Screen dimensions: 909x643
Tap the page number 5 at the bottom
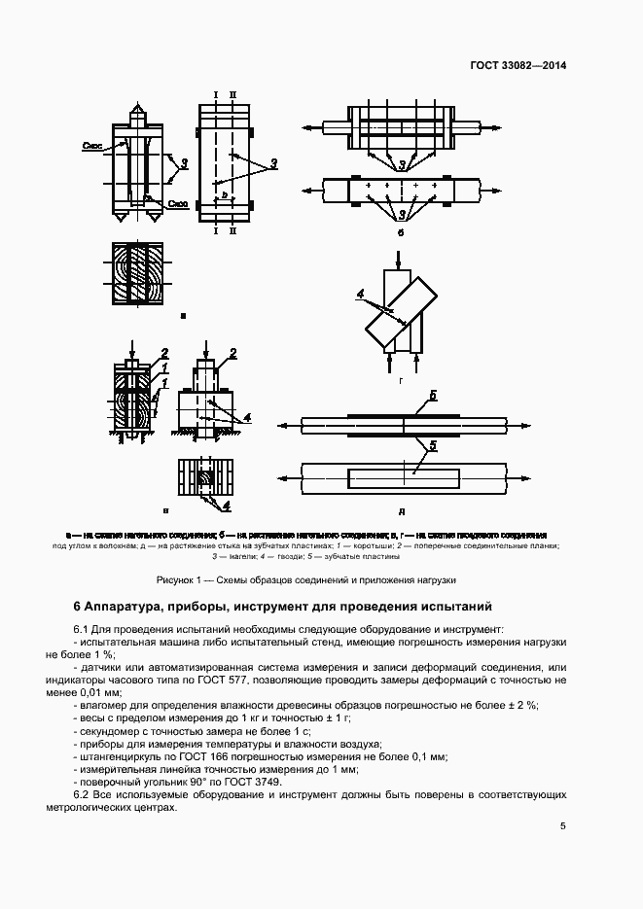click(562, 826)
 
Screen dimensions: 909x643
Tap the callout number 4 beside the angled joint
click(359, 293)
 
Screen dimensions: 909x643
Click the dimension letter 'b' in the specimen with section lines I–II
click(225, 195)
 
